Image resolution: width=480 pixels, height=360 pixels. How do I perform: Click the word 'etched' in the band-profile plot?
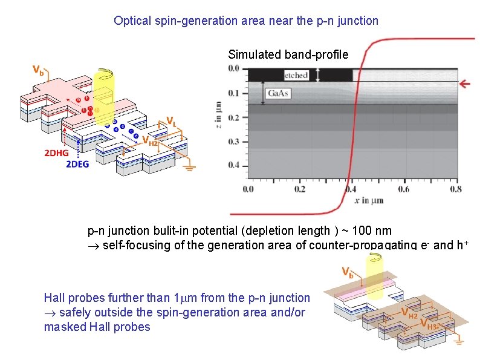click(x=296, y=75)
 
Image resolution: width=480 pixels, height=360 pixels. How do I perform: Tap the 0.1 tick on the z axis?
click(x=234, y=93)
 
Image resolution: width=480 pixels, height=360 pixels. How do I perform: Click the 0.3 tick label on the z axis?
click(x=234, y=141)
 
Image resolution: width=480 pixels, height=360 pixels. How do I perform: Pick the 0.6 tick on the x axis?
click(x=404, y=189)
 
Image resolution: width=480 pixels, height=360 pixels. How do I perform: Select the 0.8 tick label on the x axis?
click(x=456, y=189)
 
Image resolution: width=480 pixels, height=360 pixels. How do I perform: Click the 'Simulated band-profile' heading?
click(x=288, y=54)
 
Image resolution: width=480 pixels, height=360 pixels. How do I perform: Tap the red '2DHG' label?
click(x=56, y=153)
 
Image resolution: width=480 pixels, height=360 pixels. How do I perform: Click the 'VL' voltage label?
click(x=172, y=120)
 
